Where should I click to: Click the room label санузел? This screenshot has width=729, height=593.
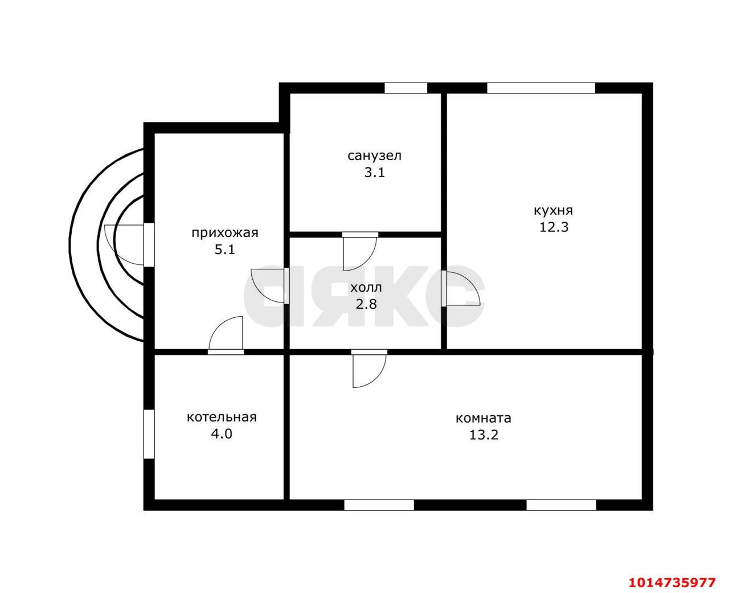coord(374,156)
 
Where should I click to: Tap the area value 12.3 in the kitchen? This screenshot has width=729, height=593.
coord(554,227)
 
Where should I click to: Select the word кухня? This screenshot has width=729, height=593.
coord(554,211)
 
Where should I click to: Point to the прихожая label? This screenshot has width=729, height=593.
coord(225,233)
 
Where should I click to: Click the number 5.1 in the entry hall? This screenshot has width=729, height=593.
coord(225,250)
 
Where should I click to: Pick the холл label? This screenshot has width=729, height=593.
coord(366,288)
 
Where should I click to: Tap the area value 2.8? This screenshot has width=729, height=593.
coord(366,304)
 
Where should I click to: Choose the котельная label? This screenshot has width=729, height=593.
coord(222,418)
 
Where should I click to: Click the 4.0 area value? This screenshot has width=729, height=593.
coord(222,434)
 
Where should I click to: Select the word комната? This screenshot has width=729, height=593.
coord(484,418)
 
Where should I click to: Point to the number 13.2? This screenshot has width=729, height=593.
coord(484,435)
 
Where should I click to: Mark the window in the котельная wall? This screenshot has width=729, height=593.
coord(149,433)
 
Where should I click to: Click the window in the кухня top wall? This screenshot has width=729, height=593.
coord(541,88)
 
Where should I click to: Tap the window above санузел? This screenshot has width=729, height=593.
coord(406,88)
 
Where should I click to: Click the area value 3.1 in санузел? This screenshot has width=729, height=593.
coord(374,172)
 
